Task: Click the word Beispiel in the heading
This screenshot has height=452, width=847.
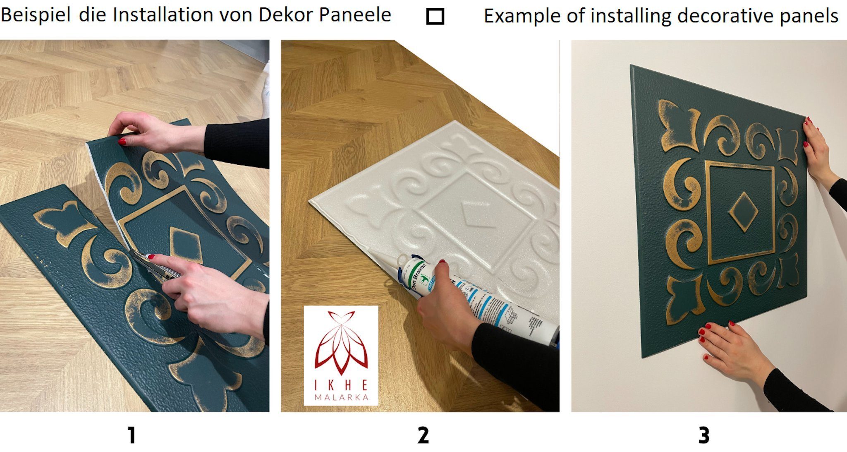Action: [36, 16]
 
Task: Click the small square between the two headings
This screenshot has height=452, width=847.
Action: [435, 17]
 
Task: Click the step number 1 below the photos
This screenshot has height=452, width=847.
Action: [131, 435]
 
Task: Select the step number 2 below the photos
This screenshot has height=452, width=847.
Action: [423, 435]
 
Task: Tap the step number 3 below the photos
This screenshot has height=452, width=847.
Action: [704, 435]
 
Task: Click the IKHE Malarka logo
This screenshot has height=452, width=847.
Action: [341, 355]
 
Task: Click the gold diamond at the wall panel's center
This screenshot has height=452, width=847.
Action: [743, 212]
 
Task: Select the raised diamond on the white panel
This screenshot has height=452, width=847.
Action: [478, 215]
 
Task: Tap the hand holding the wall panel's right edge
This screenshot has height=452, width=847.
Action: [817, 153]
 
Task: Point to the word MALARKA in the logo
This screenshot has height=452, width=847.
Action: [341, 398]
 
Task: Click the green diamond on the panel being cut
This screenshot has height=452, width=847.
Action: [186, 244]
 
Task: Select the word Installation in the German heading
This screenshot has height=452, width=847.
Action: [163, 15]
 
